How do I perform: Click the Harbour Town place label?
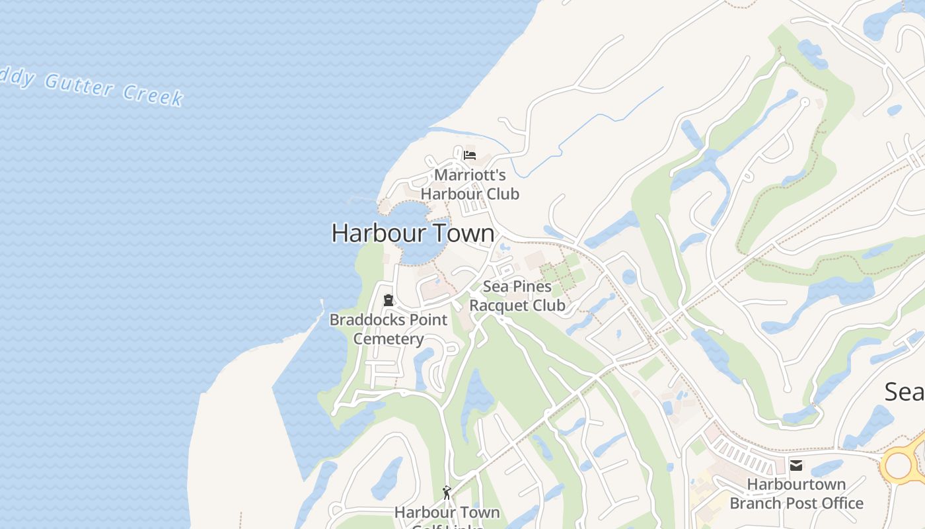coord(413,233)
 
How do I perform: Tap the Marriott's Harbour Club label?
coord(470,184)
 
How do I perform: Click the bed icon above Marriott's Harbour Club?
coord(470,155)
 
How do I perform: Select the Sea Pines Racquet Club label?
coord(517,296)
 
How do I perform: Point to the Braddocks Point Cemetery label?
coord(388,329)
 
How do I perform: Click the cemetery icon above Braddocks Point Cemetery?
coord(388,300)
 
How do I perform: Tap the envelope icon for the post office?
coord(796,466)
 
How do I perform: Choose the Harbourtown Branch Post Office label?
coord(796,493)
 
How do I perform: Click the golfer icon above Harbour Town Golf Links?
coord(447,493)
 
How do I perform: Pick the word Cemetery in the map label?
coord(388,339)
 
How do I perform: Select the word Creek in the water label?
coord(153,95)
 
